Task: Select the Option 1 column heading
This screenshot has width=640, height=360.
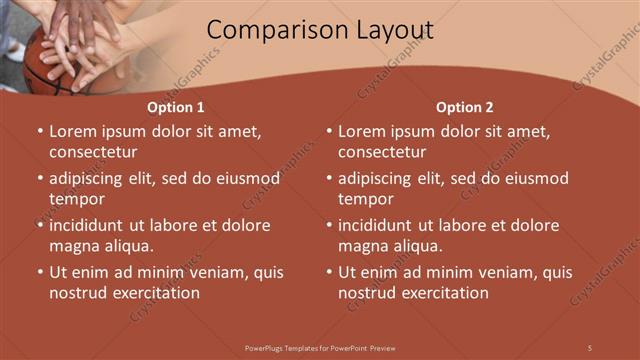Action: (176, 107)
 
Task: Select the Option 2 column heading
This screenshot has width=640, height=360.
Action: (465, 107)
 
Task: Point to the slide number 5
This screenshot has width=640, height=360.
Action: (590, 347)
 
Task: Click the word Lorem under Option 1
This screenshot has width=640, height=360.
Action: (72, 131)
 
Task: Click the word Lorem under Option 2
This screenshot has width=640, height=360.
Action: (361, 131)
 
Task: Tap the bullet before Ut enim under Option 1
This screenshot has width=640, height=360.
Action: (39, 272)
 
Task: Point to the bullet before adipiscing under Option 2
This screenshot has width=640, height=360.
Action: (328, 178)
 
